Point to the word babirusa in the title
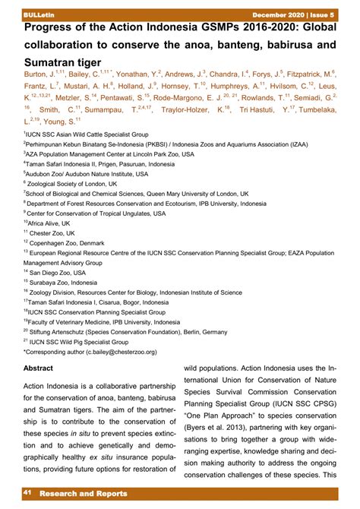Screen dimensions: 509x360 [275, 44]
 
